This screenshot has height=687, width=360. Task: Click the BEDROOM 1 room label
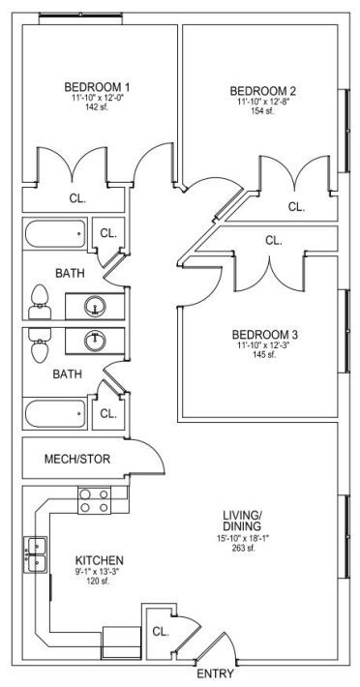point(97,85)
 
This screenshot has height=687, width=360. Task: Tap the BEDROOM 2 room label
point(263,91)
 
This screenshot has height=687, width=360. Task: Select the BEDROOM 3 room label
point(265,335)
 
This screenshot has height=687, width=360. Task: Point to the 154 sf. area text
point(263,111)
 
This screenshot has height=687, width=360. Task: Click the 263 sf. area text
point(245,548)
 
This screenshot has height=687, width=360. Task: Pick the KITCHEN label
point(100,560)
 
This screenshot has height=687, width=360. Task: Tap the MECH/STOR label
point(77,460)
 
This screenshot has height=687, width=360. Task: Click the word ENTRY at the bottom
point(215,673)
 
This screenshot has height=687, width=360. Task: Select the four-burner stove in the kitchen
point(94,500)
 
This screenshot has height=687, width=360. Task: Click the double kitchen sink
point(37,554)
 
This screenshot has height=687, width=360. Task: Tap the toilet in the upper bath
point(40,302)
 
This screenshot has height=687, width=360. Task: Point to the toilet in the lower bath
point(40,345)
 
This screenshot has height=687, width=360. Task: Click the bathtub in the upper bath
point(55,234)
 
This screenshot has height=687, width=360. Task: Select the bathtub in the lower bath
point(55,413)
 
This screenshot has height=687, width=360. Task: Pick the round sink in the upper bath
point(95,306)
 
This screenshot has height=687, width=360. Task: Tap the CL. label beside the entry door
point(161,631)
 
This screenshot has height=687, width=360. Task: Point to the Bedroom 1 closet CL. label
point(77,198)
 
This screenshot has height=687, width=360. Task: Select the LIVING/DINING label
point(242,520)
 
